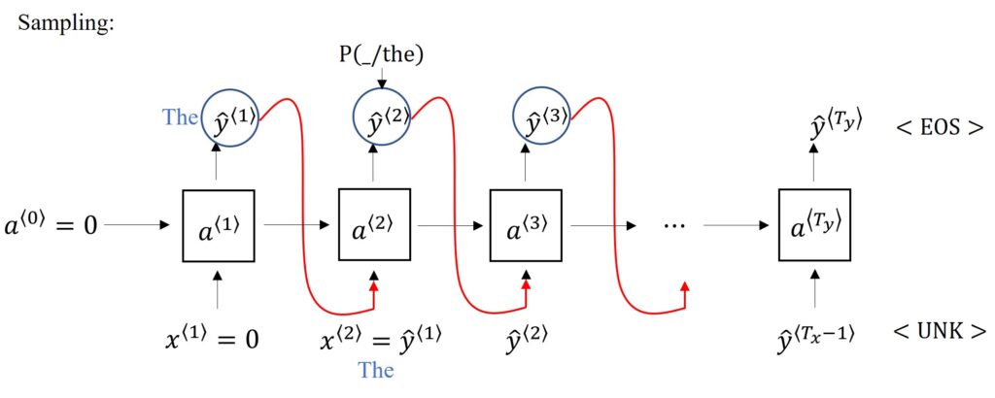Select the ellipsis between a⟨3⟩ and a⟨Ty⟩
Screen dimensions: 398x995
pos(674,225)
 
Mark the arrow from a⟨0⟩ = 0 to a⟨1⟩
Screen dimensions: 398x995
pos(141,224)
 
